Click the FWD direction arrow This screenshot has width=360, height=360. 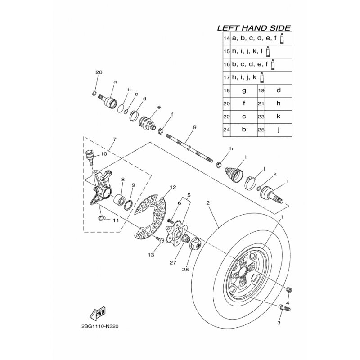click(x=97, y=313)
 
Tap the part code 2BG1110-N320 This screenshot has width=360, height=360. click(x=100, y=326)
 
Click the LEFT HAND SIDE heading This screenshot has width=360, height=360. click(x=254, y=28)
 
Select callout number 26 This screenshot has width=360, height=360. click(x=99, y=72)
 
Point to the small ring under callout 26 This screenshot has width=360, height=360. click(x=94, y=93)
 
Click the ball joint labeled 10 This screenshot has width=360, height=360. click(x=89, y=157)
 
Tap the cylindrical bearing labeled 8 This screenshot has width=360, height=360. click(x=119, y=199)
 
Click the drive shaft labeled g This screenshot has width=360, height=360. click(x=189, y=148)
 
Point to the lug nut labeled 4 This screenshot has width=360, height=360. click(x=289, y=290)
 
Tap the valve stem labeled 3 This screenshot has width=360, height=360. click(x=284, y=307)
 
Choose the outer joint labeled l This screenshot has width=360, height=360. click(x=271, y=195)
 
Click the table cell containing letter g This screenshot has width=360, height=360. click(x=244, y=90)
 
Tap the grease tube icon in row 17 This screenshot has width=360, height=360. click(x=261, y=77)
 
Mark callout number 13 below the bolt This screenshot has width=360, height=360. click(x=151, y=255)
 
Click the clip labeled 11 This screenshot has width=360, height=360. click(x=101, y=218)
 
